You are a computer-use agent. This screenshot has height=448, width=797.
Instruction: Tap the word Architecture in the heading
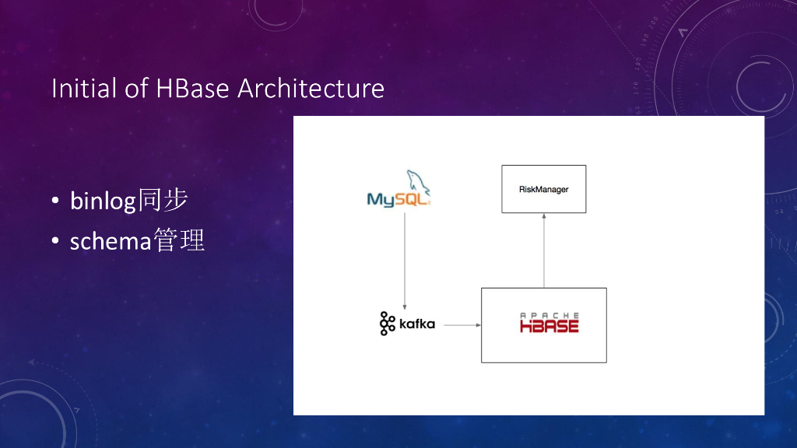(x=311, y=89)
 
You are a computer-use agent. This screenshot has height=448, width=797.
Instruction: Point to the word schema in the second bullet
(x=111, y=241)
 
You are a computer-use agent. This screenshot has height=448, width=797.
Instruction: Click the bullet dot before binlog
(x=55, y=201)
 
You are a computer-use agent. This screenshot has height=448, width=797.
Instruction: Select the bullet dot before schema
(x=55, y=241)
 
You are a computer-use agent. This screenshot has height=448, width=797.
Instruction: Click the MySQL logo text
(x=398, y=200)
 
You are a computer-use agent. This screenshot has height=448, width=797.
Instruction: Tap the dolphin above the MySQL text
(x=418, y=182)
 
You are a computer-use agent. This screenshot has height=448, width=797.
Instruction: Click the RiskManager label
(x=543, y=190)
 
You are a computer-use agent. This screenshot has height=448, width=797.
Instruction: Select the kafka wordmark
(x=417, y=324)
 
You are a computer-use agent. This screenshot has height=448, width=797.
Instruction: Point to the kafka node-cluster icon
(x=388, y=324)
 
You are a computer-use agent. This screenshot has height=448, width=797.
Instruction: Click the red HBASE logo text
(x=549, y=326)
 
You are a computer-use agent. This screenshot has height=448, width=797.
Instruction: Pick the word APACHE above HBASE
(x=549, y=316)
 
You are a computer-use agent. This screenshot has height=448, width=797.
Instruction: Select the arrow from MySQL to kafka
(x=405, y=261)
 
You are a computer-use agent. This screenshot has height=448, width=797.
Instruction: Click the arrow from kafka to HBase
(x=462, y=325)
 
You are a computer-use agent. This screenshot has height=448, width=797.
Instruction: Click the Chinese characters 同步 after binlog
(x=163, y=200)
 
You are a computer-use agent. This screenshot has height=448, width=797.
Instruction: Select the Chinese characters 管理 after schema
(x=179, y=240)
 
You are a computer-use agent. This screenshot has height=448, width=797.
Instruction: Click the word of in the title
(x=136, y=89)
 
